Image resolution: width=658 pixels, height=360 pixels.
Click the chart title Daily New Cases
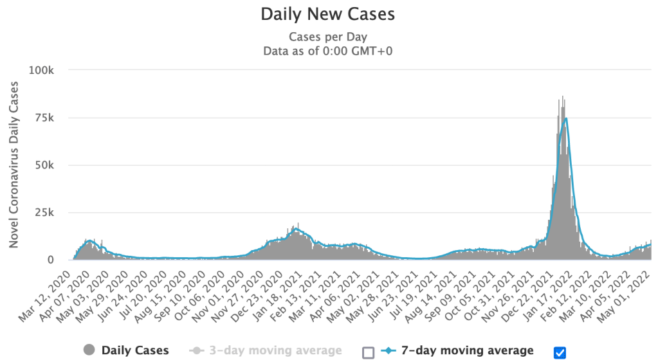click(328, 14)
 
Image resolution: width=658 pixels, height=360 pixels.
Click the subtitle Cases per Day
click(328, 37)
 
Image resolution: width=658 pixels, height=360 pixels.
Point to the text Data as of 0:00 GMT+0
click(328, 51)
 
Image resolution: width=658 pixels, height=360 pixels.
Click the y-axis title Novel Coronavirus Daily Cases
click(14, 165)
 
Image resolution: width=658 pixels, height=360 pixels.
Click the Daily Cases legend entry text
click(135, 350)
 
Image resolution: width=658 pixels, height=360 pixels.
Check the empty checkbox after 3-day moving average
click(368, 352)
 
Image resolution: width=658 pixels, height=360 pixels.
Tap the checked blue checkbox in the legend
click(559, 352)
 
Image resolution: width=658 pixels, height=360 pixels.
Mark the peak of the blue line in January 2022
click(565, 119)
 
